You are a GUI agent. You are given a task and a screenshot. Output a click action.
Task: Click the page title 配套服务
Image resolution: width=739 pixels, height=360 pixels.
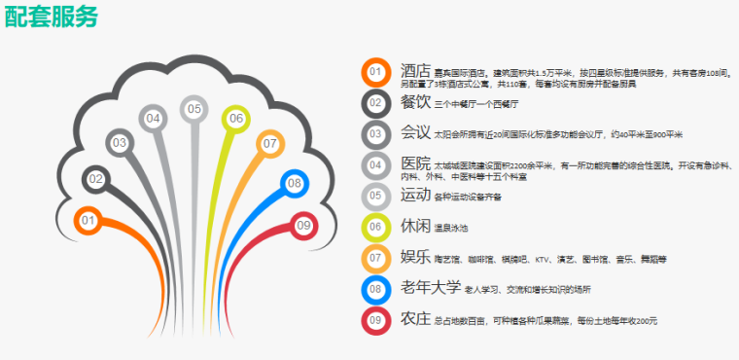pyautogui.click(x=51, y=17)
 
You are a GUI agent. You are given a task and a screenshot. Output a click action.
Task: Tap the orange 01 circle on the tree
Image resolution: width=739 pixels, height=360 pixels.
pyautogui.click(x=88, y=221)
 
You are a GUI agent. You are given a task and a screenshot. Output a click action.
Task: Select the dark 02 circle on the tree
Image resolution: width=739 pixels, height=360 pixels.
pyautogui.click(x=95, y=179)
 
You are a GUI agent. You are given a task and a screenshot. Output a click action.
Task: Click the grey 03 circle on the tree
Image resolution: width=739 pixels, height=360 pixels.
pyautogui.click(x=120, y=143)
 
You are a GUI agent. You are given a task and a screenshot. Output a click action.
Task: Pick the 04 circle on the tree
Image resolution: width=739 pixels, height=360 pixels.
pyautogui.click(x=154, y=119)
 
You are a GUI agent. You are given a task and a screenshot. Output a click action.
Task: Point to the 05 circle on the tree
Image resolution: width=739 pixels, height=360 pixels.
pyautogui.click(x=194, y=109)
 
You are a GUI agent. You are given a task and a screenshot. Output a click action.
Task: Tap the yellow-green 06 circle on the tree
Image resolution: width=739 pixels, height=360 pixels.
pyautogui.click(x=236, y=119)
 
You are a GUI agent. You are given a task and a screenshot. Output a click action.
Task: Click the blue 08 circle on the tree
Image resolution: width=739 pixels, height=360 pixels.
pyautogui.click(x=295, y=183)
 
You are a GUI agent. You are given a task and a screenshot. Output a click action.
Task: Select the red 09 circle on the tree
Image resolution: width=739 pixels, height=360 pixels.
pyautogui.click(x=303, y=226)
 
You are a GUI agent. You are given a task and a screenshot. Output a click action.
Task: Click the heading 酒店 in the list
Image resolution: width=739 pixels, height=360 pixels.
pyautogui.click(x=415, y=70)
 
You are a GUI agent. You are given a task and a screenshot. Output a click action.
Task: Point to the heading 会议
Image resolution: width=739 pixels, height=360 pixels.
pyautogui.click(x=415, y=131)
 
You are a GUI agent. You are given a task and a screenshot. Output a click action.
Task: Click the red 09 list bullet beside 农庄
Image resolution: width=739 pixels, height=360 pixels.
pyautogui.click(x=375, y=320)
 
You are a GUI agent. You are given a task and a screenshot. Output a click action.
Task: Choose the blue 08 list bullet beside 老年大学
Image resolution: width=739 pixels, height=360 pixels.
pyautogui.click(x=375, y=289)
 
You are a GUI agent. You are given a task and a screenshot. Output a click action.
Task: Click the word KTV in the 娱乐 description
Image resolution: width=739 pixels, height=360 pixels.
pyautogui.click(x=544, y=260)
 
